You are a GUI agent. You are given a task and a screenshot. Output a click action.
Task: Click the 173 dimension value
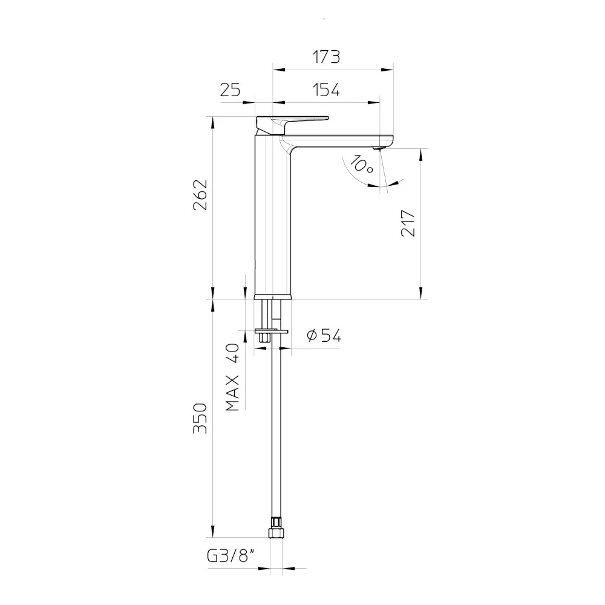click(326, 57)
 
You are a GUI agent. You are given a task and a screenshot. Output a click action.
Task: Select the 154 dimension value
click(326, 90)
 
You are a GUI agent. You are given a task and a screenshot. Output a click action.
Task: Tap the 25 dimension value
click(230, 90)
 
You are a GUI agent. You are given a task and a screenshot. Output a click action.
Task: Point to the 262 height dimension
click(200, 195)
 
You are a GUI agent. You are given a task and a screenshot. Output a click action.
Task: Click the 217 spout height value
click(408, 223)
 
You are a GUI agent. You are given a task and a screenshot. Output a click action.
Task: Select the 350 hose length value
click(200, 418)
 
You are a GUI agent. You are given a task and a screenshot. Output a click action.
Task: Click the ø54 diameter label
click(324, 336)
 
